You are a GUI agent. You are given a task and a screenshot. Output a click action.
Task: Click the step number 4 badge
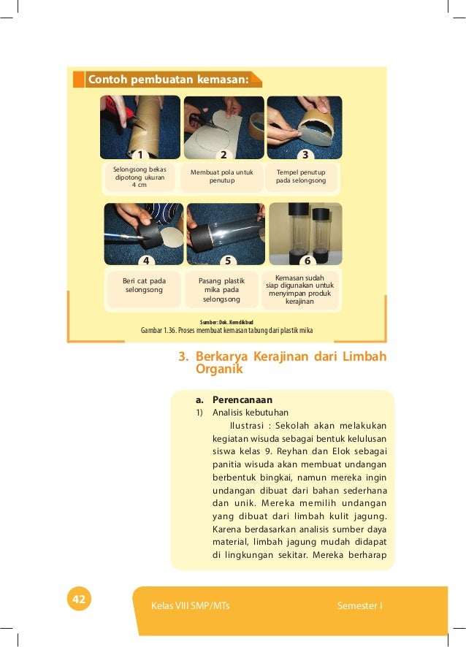[x=146, y=260]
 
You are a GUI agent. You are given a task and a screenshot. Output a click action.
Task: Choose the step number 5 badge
[x=228, y=260]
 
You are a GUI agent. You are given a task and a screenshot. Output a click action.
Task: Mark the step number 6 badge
[x=308, y=260]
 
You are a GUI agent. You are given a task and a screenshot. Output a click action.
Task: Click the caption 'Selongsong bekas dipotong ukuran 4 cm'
[x=139, y=177]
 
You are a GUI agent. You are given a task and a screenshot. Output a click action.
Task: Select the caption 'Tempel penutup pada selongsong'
[x=301, y=176]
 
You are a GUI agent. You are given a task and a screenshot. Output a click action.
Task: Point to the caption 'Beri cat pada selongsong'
[x=145, y=286]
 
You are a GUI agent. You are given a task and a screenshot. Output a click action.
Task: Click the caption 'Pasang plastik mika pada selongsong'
[x=221, y=290]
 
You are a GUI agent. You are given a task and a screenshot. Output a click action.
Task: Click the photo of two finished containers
[x=305, y=233]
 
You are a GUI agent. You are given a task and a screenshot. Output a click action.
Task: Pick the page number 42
[x=79, y=600]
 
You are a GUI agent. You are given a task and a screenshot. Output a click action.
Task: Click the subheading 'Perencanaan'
[x=242, y=400]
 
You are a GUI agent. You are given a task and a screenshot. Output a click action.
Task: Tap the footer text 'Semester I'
[x=360, y=606]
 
